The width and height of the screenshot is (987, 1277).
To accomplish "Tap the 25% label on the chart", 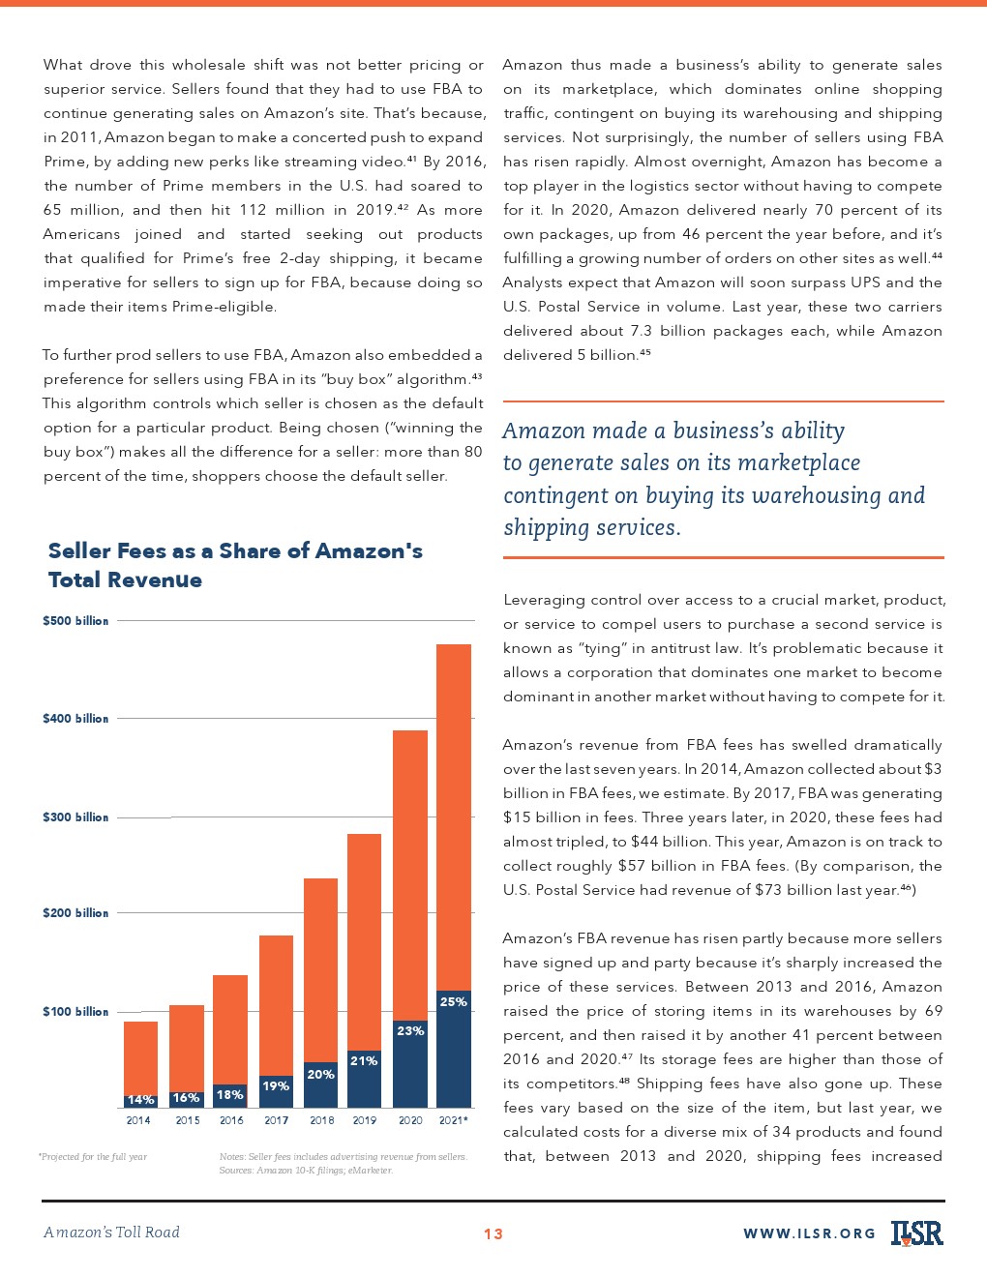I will [x=454, y=1002].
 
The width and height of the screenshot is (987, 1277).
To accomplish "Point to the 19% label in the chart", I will [x=277, y=1086].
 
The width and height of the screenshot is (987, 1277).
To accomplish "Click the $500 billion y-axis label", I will [x=75, y=621].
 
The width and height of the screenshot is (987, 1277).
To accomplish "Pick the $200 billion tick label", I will [x=75, y=913].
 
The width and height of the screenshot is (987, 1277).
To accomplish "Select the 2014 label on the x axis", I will [x=138, y=1120].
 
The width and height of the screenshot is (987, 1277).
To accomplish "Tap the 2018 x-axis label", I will [x=321, y=1120].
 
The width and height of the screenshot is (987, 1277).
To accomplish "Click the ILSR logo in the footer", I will [x=917, y=1232].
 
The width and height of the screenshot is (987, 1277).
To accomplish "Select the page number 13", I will [x=493, y=1233].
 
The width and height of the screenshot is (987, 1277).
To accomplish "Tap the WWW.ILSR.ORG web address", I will [x=809, y=1233].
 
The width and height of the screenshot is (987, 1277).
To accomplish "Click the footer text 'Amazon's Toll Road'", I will [x=112, y=1232].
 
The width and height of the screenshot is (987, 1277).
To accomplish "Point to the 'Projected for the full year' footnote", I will [x=93, y=1157].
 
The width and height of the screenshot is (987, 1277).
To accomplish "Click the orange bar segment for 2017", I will [x=277, y=1004].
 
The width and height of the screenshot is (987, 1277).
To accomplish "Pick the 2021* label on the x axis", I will [x=453, y=1120].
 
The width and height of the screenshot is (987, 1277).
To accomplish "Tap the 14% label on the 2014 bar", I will [x=140, y=1100].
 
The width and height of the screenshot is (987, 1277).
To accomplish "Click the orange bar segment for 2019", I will [x=364, y=940].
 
